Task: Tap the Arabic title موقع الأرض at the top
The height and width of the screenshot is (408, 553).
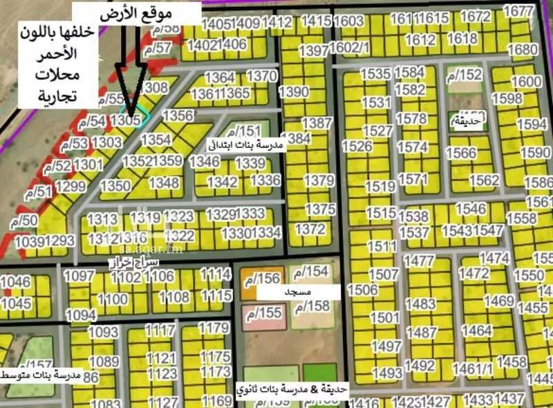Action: click(x=138, y=13)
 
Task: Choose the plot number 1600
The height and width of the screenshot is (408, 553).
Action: click(x=526, y=82)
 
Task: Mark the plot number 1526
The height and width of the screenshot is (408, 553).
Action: click(x=357, y=147)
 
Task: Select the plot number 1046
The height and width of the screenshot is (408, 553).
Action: click(x=16, y=281)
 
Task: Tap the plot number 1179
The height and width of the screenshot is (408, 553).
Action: click(x=214, y=327)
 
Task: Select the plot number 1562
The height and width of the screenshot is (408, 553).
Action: click(x=484, y=180)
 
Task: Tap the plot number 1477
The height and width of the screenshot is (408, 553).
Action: click(x=419, y=261)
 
